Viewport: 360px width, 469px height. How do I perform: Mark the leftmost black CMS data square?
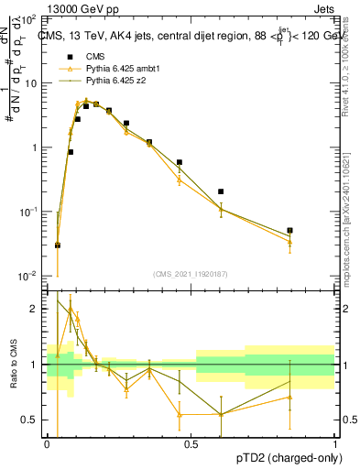(x=58, y=245)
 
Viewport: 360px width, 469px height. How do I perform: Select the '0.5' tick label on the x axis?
(x=191, y=443)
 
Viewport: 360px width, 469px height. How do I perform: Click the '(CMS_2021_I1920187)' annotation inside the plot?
(x=191, y=274)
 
